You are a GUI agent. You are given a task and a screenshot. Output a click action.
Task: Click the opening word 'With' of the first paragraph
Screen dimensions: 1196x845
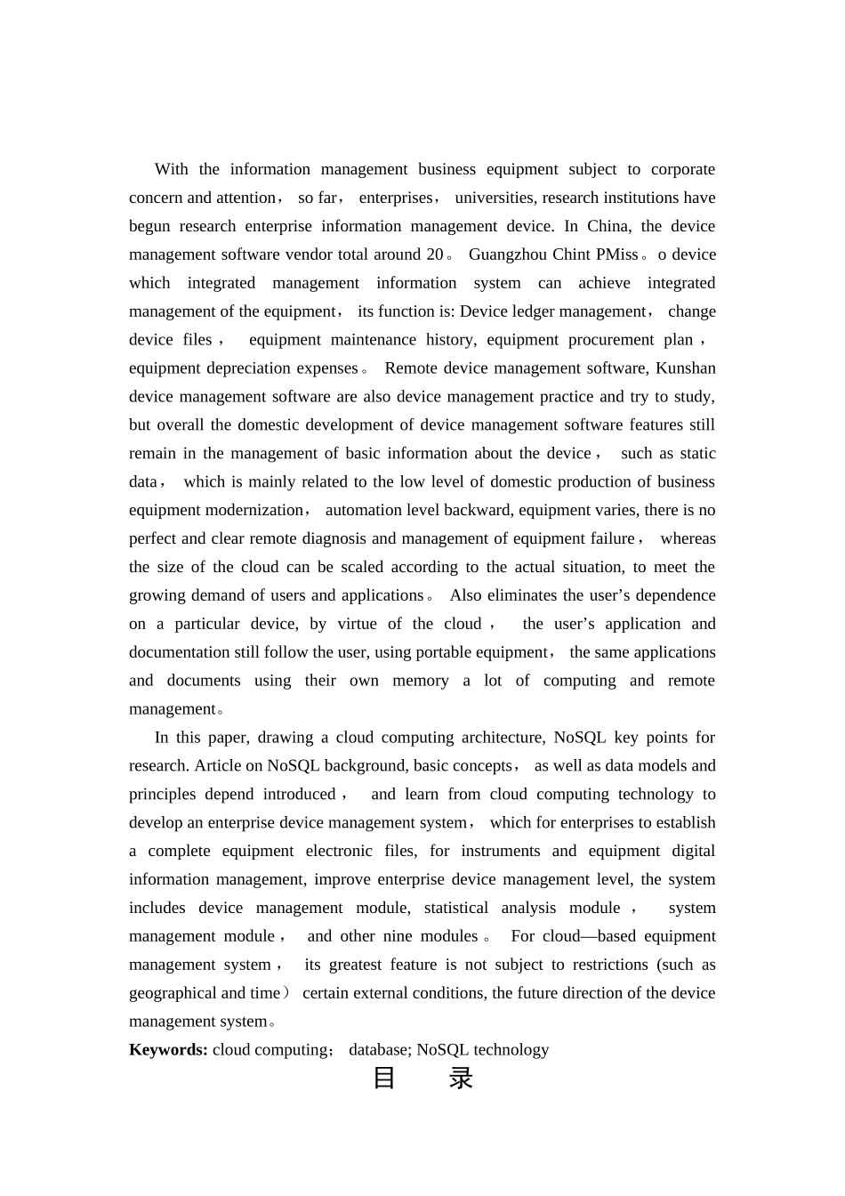[171, 169]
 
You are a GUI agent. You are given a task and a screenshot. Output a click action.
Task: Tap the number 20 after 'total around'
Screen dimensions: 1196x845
[435, 255]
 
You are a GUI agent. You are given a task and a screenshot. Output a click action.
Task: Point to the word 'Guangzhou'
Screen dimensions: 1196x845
[508, 255]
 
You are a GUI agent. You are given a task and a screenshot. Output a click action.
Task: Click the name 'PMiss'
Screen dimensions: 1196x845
[617, 255]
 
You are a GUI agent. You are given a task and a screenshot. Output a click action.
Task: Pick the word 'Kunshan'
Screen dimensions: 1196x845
[685, 368]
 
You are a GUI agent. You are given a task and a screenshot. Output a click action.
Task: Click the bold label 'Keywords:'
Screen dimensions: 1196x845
[168, 1050]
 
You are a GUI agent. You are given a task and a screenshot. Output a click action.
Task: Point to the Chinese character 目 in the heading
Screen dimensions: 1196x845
[384, 1079]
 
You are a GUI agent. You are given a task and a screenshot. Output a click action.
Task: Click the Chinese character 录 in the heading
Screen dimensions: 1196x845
[461, 1079]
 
